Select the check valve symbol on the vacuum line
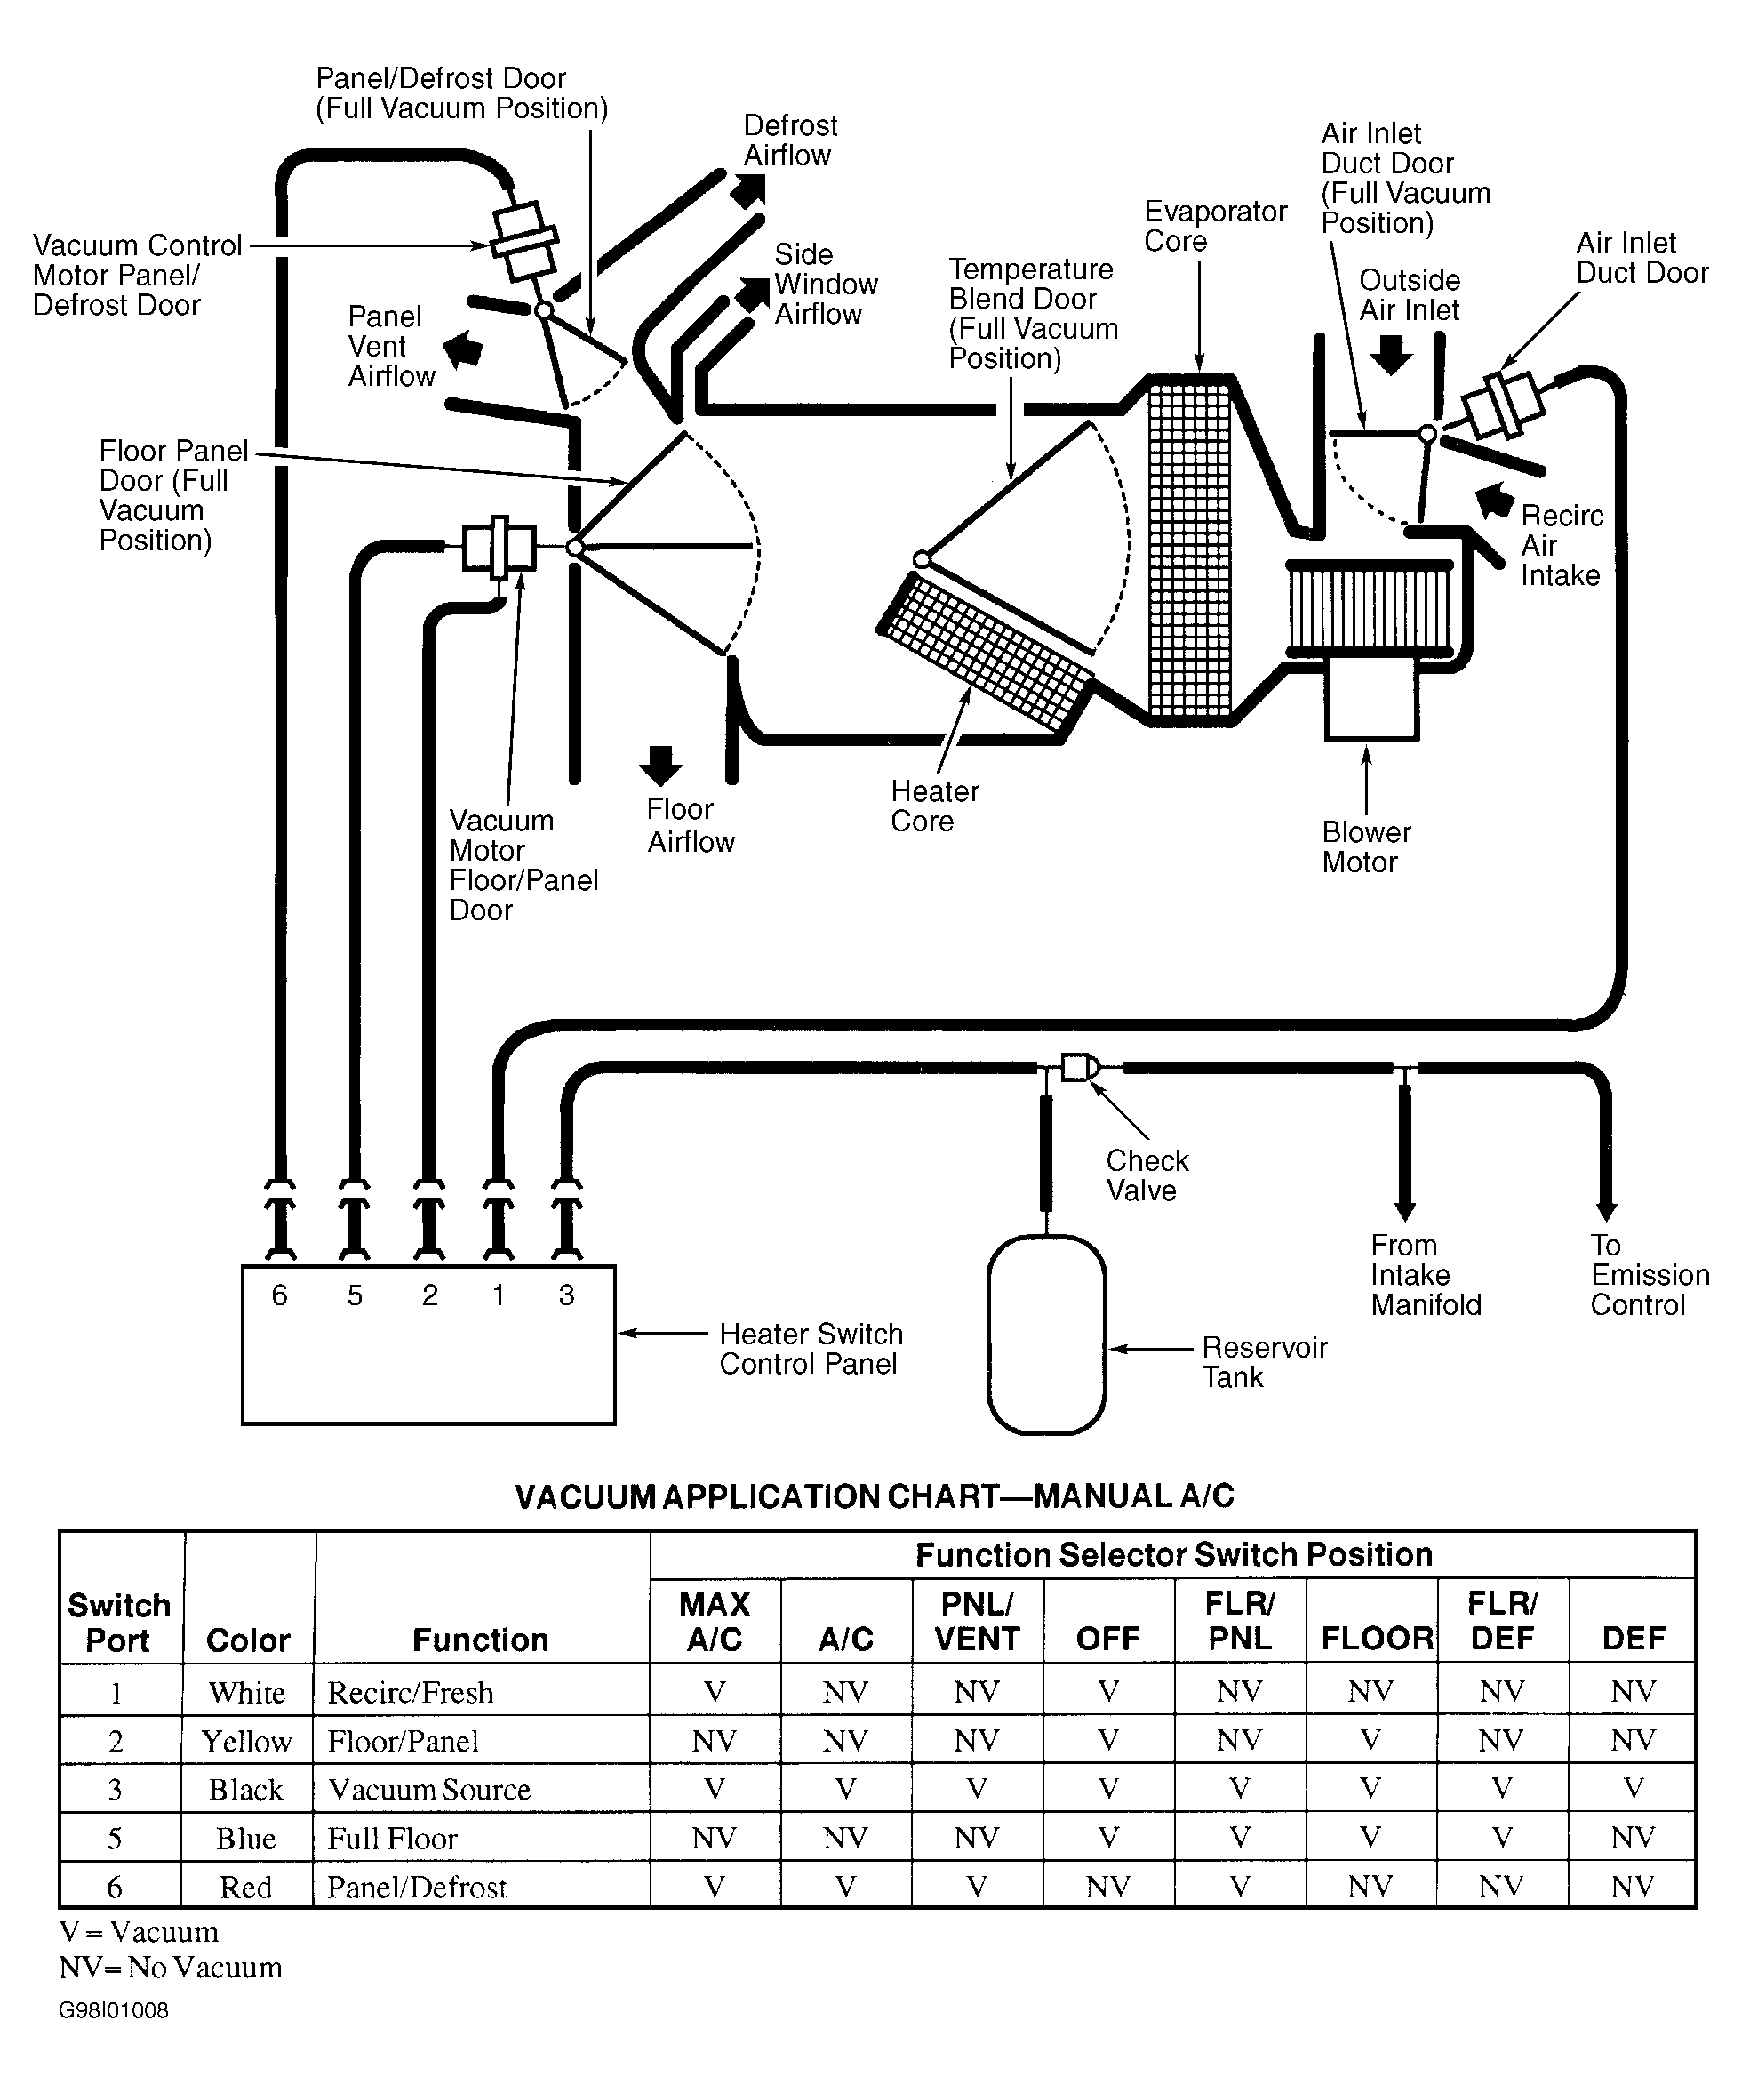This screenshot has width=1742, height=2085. point(1078,1067)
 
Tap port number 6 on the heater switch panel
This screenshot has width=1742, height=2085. point(280,1295)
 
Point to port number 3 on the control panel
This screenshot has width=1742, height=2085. point(566,1295)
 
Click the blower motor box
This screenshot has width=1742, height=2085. point(1370,699)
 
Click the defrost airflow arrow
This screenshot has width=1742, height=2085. point(749,189)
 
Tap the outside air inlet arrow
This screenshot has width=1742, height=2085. point(1392,355)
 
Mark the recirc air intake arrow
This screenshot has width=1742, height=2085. point(1495,501)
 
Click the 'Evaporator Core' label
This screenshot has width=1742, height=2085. point(1215,227)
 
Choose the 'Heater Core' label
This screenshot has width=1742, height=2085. point(934,806)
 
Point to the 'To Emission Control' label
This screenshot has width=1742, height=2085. point(1649,1275)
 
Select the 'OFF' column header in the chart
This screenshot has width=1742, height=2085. point(1107,1640)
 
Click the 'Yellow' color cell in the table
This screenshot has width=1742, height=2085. point(246,1741)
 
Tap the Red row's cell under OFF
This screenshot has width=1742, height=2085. point(1107,1887)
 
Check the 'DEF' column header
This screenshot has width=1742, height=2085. point(1633,1640)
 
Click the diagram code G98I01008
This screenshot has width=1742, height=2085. point(113,2010)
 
